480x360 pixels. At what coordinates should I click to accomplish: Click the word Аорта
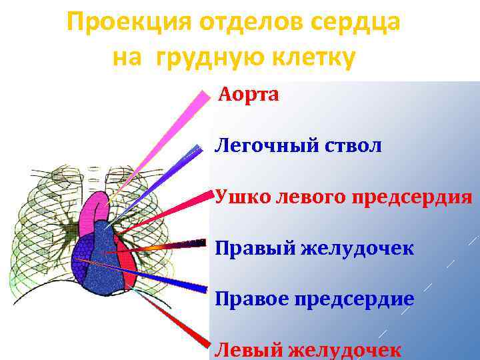point(249,95)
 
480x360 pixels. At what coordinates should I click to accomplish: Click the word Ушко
point(237,197)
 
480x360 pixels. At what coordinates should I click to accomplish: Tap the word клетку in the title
point(311,58)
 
